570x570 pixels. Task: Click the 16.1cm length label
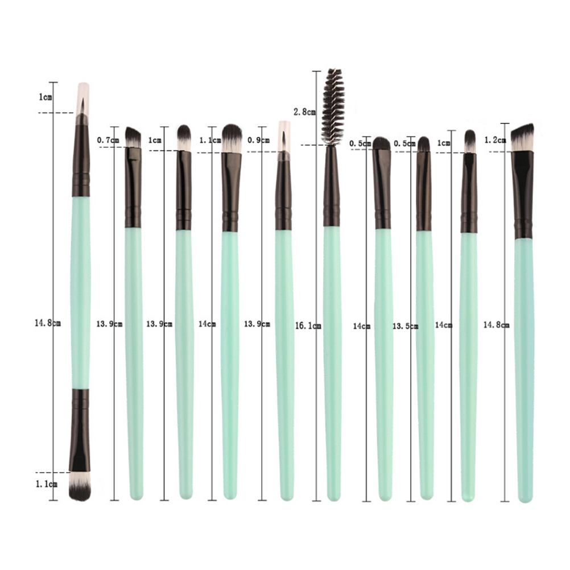pos(308,326)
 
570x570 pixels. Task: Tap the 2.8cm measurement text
pos(305,112)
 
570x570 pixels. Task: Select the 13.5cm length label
pos(406,326)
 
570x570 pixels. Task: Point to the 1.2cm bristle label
pos(495,140)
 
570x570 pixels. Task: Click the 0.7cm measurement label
pos(108,140)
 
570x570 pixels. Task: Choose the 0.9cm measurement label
pos(258,140)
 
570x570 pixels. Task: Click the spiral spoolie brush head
pos(333,106)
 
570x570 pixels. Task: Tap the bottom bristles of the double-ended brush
pos(80,486)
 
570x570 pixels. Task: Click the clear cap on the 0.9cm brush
pos(284,141)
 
